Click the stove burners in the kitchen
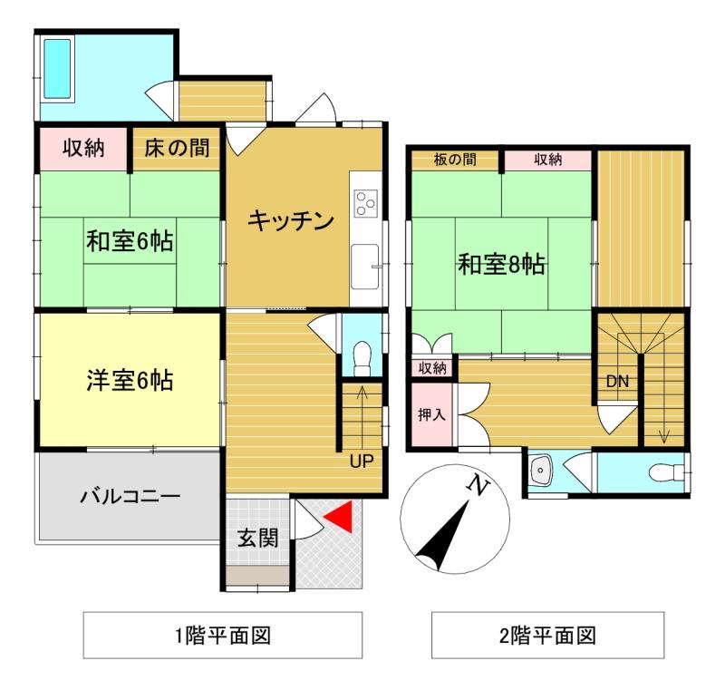coord(365,202)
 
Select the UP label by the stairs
coord(362,462)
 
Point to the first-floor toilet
coord(360,355)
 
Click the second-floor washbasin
coord(542,471)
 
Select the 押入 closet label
coord(431,415)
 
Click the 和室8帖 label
coord(500,265)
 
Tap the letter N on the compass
coord(475,487)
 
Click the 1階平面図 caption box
coord(223,635)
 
